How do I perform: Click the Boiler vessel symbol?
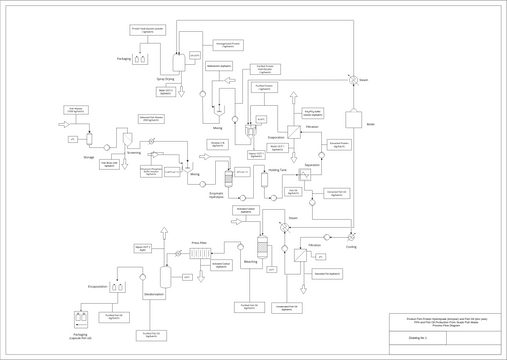(x=355, y=119)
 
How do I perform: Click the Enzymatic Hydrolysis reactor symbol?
(x=229, y=178)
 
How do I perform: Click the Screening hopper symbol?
(x=128, y=139)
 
